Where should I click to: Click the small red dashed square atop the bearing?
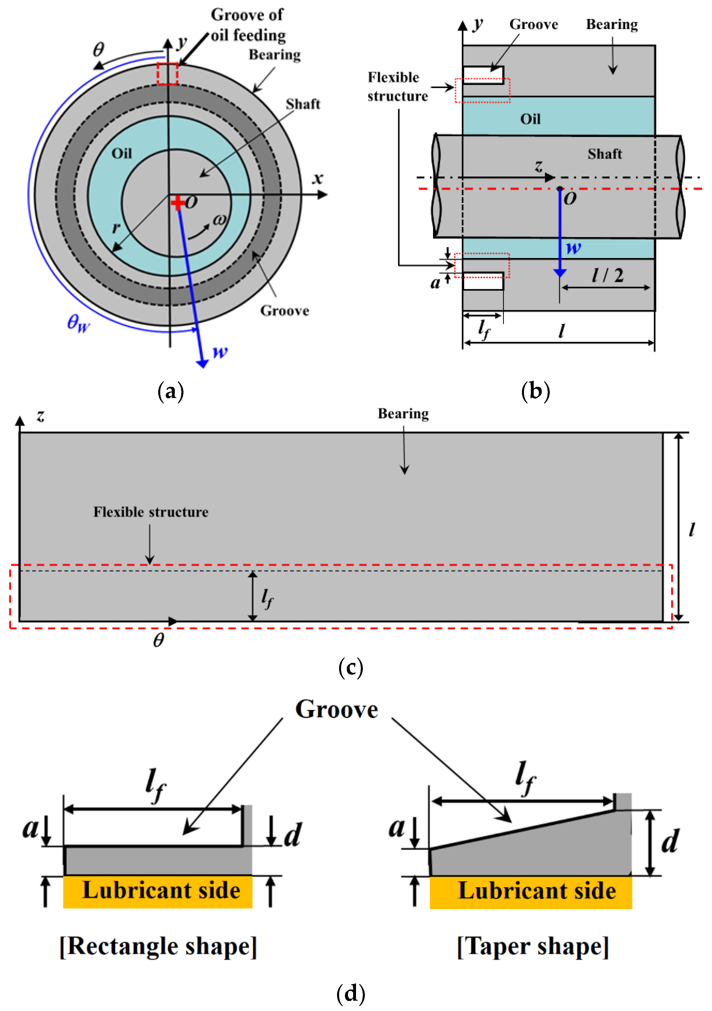point(168,73)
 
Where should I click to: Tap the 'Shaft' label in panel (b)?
point(605,154)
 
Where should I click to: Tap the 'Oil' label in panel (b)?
point(530,119)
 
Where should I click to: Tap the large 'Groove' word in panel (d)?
point(337,709)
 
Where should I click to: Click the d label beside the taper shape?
point(670,841)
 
